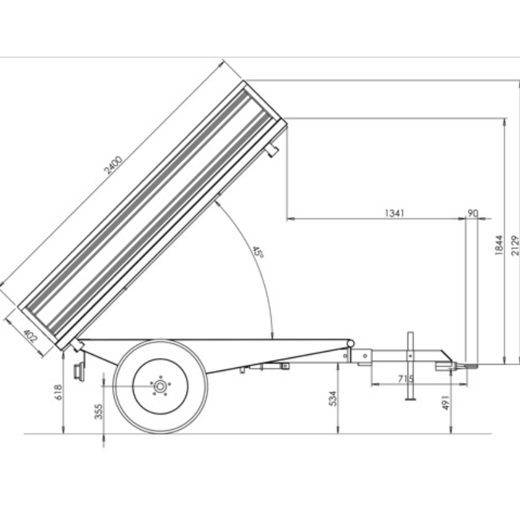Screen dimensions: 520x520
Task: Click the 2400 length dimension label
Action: point(113,165)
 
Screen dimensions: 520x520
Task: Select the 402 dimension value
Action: point(31,335)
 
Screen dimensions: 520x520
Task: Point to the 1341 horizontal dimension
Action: point(395,213)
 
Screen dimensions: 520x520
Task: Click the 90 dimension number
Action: point(473,213)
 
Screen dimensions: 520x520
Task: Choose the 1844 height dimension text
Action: point(499,245)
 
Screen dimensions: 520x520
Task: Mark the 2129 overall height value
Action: point(515,246)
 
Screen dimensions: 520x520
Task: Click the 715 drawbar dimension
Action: point(406,378)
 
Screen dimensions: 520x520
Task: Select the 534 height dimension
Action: point(333,398)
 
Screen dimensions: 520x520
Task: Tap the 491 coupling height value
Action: point(446,402)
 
